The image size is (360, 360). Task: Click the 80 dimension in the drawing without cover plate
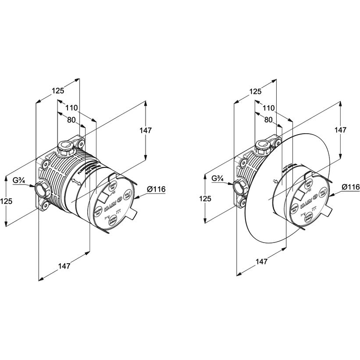click(72, 120)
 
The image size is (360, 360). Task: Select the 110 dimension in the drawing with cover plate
click(268, 108)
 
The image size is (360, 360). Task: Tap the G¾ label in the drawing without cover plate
click(18, 180)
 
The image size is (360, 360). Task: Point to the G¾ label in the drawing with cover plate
click(218, 178)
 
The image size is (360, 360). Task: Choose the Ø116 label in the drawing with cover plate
click(351, 187)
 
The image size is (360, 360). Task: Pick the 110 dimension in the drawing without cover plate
click(72, 108)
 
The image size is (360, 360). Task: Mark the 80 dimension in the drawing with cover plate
click(268, 120)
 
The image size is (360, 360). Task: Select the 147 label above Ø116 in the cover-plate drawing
click(341, 130)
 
